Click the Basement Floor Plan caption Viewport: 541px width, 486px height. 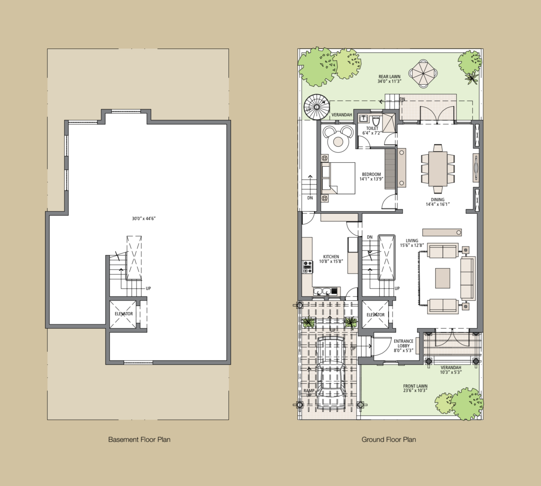[x=139, y=440]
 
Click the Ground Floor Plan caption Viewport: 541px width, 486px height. [x=388, y=440]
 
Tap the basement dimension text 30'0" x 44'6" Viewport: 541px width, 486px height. [x=144, y=219]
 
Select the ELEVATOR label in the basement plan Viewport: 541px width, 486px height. [x=124, y=314]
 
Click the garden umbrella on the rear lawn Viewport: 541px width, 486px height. [x=423, y=73]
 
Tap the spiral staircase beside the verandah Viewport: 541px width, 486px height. [x=317, y=107]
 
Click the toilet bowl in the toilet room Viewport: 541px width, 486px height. [x=376, y=121]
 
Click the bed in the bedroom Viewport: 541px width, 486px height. [x=338, y=178]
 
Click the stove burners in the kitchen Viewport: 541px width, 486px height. [x=307, y=267]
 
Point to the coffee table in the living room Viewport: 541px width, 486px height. [x=443, y=278]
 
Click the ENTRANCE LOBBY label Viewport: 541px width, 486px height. [x=403, y=343]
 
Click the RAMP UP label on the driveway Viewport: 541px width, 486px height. [x=309, y=393]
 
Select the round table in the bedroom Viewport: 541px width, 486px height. [x=338, y=142]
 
